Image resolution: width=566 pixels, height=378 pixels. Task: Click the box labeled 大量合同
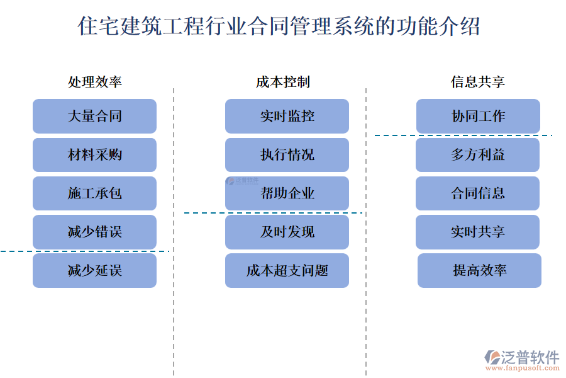[94, 116]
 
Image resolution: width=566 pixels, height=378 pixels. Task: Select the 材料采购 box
[94, 155]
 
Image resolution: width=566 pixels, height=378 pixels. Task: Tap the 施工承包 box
[94, 193]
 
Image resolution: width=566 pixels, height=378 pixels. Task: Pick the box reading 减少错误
[94, 232]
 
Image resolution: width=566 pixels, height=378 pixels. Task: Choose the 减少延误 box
[94, 271]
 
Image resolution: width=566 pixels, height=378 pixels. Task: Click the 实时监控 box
[287, 116]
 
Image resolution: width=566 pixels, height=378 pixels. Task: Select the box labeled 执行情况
[287, 155]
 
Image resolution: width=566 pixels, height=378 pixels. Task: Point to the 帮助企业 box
[287, 193]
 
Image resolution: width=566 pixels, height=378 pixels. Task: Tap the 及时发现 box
[287, 232]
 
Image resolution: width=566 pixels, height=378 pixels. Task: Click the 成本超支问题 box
[287, 271]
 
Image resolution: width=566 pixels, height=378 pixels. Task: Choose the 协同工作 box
[478, 116]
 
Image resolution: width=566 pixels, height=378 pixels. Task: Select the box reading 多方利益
[478, 155]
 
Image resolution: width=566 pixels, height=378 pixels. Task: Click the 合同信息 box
[478, 193]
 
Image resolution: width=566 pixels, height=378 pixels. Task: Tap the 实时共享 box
[478, 232]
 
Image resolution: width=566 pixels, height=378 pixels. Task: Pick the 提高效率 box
[479, 271]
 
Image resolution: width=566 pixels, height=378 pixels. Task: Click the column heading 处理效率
[95, 82]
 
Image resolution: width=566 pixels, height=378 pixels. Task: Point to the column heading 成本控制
[283, 82]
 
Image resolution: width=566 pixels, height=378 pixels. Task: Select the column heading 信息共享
[478, 82]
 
